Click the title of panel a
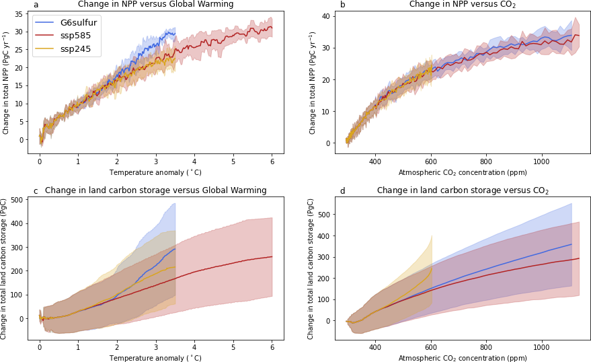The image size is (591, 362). tap(155, 5)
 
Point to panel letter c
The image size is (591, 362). tap(36, 191)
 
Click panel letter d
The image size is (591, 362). tap(342, 191)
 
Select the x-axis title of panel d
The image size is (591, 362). tap(463, 359)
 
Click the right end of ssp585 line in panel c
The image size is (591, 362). tap(272, 256)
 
